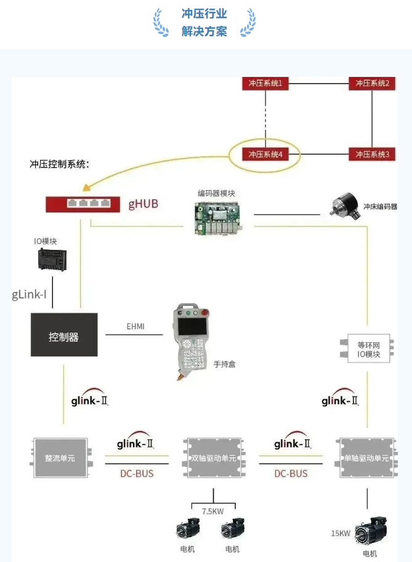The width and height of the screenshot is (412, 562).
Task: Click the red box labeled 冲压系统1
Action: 265,83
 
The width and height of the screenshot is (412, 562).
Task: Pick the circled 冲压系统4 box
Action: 265,155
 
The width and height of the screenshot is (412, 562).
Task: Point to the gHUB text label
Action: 143,203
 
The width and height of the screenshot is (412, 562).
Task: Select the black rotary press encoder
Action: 345,206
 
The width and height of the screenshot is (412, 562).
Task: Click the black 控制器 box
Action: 64,335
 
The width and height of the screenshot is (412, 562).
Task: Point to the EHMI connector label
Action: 135,326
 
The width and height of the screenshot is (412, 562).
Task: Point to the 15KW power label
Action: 341,533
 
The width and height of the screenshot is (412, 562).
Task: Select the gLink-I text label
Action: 30,294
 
